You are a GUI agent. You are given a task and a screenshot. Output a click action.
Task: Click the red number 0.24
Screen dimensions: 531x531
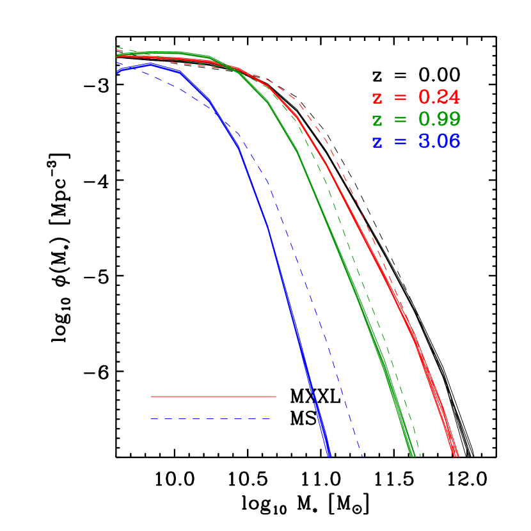click(x=439, y=97)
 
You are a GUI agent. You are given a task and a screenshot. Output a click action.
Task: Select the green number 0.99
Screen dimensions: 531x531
click(x=439, y=120)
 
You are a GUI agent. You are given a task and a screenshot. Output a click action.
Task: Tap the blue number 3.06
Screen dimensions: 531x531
click(x=439, y=141)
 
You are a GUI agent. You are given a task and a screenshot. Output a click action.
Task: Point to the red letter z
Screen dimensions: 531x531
click(x=377, y=99)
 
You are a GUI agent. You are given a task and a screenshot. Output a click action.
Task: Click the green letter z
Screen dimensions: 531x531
click(x=377, y=121)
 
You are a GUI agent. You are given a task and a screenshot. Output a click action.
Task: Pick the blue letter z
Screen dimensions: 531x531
click(x=377, y=143)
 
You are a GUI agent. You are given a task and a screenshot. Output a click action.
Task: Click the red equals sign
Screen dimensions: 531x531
click(x=400, y=98)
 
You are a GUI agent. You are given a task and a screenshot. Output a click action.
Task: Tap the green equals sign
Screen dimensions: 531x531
click(x=400, y=120)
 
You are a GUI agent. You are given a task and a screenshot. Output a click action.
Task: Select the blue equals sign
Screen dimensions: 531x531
click(x=400, y=142)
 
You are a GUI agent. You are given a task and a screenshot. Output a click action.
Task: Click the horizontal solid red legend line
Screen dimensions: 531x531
click(x=213, y=397)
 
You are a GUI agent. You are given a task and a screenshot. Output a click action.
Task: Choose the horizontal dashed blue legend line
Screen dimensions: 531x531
click(x=210, y=419)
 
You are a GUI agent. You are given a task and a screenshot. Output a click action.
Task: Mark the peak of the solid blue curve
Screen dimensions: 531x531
click(x=151, y=64)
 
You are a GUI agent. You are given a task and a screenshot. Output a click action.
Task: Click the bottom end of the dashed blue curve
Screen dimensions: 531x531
click(x=362, y=456)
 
